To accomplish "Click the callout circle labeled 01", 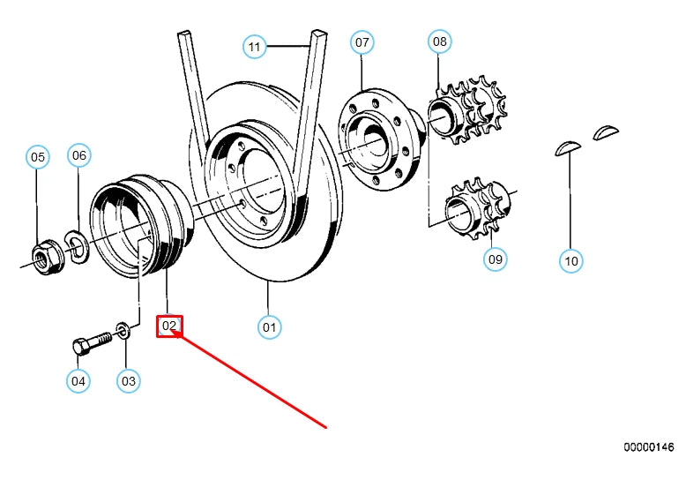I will click(270, 327).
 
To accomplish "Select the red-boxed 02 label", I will click(169, 326).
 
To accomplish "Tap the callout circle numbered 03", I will click(129, 381).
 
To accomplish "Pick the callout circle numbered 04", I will click(78, 381).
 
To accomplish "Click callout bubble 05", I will click(37, 158).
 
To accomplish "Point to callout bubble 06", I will click(79, 155).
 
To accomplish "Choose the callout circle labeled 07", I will click(362, 41).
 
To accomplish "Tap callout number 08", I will click(439, 41).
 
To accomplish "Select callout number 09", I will click(496, 259).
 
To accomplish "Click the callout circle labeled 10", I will click(571, 260).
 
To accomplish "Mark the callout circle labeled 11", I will click(255, 47).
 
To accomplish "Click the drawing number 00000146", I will click(650, 447).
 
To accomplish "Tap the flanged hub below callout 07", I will click(379, 141).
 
